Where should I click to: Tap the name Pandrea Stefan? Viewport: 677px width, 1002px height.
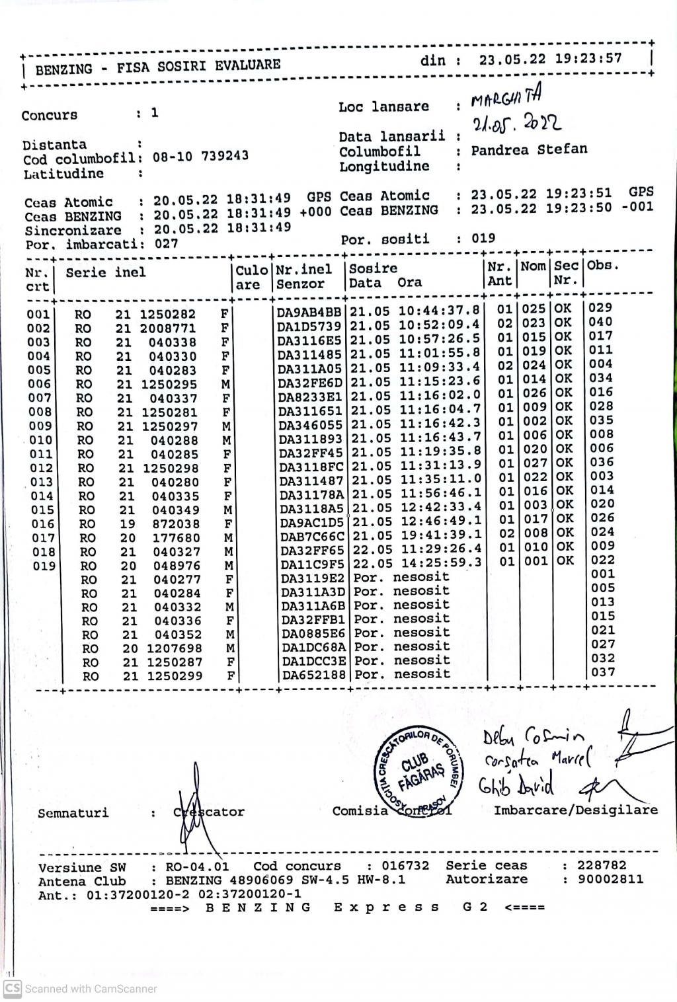click(529, 149)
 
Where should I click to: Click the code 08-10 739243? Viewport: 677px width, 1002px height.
click(200, 157)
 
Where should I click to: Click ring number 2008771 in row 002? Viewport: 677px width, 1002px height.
click(167, 328)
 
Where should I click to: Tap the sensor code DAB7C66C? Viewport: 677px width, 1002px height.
click(312, 536)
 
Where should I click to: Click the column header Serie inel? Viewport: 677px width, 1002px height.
click(106, 272)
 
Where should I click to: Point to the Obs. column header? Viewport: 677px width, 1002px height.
click(603, 266)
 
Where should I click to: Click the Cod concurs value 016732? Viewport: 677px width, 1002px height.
click(405, 866)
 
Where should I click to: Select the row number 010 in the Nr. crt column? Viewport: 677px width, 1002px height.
click(40, 440)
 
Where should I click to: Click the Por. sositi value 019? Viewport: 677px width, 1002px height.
click(484, 239)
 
